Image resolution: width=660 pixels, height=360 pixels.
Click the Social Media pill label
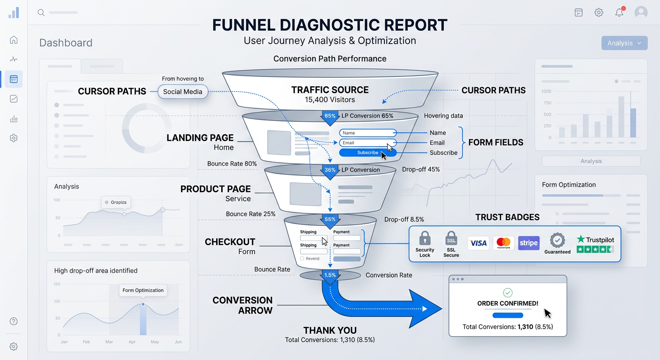183,91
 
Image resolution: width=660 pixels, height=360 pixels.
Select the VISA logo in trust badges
478,243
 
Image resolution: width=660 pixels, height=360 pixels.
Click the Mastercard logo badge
503,243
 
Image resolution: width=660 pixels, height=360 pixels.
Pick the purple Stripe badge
529,243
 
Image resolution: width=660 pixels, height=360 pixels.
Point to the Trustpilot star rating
595,249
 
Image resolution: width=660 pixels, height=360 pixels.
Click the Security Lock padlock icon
425,238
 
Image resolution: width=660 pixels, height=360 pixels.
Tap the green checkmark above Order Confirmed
508,292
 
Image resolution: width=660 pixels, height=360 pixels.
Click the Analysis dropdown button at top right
624,43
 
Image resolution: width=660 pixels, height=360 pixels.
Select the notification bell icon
619,13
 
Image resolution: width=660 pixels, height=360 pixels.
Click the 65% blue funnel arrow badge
330,116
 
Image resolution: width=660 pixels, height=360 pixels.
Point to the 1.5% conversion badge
330,275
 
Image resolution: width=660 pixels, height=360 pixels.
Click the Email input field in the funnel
367,142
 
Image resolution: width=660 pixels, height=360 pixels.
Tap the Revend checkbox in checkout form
302,259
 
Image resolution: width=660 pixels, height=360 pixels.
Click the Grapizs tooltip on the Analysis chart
115,202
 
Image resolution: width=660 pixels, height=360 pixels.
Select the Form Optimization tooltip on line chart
143,290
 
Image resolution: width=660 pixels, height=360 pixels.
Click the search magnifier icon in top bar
41,13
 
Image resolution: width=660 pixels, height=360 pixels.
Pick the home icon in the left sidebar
14,40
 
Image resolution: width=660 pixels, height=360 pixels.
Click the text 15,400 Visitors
330,100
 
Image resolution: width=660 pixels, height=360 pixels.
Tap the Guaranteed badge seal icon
557,240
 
